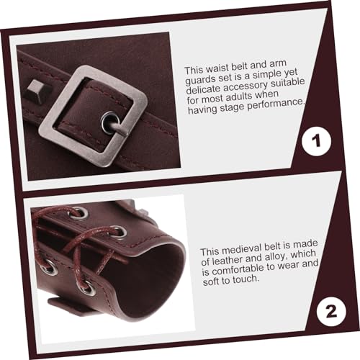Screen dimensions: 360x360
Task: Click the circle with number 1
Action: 315,143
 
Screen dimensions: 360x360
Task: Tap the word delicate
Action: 203,92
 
